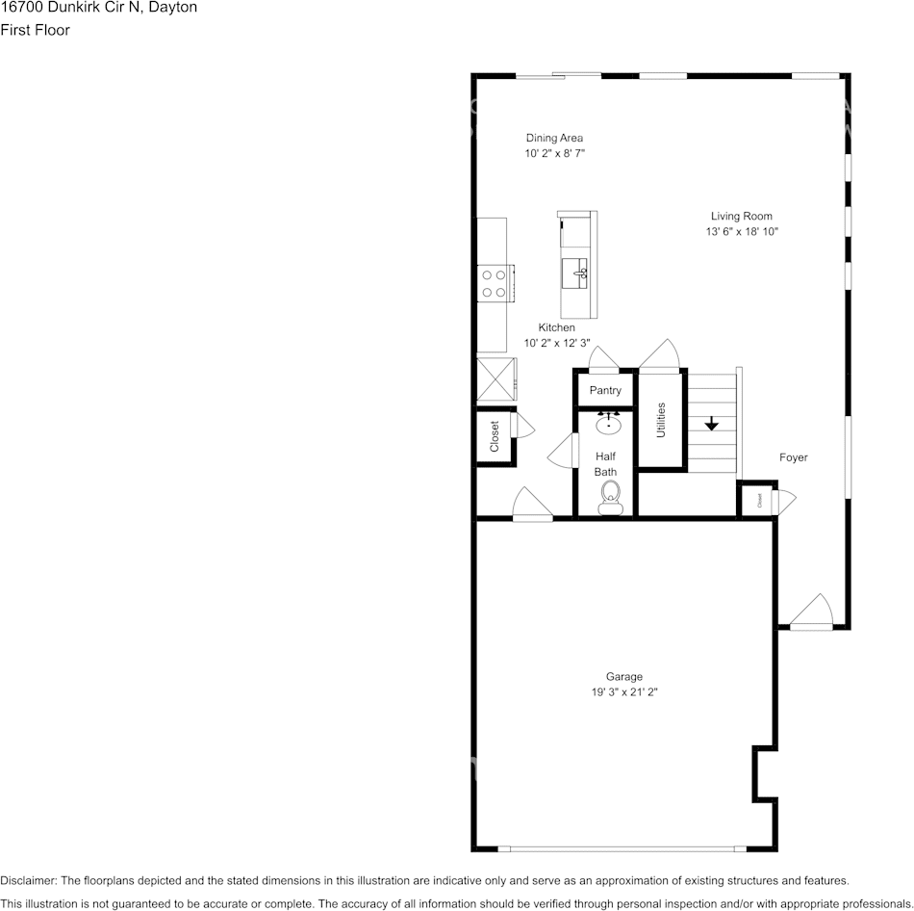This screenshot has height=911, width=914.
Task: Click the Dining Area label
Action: [x=553, y=138]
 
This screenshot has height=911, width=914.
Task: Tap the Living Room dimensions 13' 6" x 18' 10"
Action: [x=741, y=232]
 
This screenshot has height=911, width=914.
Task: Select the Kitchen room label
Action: [x=556, y=327]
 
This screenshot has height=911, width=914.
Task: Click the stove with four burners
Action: [x=495, y=284]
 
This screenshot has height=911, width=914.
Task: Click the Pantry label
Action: [x=605, y=390]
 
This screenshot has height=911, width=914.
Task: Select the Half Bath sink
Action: [x=608, y=423]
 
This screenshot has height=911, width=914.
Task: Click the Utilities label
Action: [x=661, y=420]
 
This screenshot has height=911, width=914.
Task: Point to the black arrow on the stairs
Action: [x=712, y=423]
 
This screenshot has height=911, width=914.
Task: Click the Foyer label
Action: [x=794, y=457]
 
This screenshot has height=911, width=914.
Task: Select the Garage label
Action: [x=623, y=676]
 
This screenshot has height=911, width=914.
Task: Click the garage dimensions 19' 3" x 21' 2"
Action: [x=623, y=691]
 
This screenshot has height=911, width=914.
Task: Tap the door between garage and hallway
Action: [x=532, y=506]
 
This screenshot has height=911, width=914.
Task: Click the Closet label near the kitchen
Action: [x=495, y=437]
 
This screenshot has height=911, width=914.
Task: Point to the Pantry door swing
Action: [x=604, y=359]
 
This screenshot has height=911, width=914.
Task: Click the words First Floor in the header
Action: [x=35, y=30]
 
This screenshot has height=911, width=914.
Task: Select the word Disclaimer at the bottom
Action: [x=28, y=880]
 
